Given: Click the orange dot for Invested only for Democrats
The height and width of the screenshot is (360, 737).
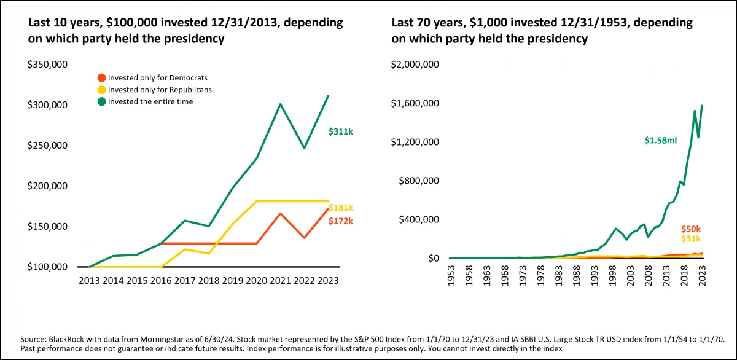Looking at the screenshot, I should [102, 78].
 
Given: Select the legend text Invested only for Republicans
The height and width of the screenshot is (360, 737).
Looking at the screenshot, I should [160, 90].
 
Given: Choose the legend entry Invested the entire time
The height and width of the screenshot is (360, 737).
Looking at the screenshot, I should [150, 101].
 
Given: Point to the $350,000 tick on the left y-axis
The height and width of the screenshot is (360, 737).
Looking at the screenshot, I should [47, 64].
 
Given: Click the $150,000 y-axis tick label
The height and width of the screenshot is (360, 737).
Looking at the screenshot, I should [47, 226].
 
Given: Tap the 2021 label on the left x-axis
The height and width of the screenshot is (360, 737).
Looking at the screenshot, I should [280, 280].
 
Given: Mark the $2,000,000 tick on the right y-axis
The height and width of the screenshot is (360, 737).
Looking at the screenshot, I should [415, 64].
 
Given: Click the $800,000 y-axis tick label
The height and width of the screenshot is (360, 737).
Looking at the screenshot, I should [417, 181].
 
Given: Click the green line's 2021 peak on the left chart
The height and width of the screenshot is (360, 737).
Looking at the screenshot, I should [280, 104].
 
